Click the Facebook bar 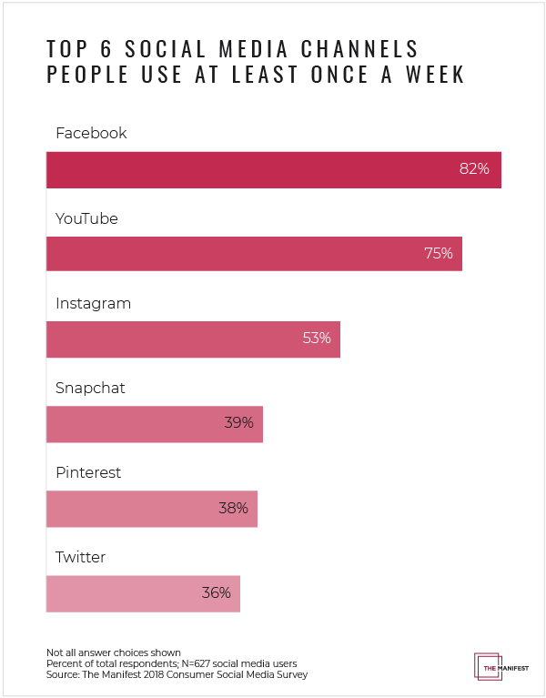(273, 169)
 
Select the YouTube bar (254, 254)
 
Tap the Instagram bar (193, 339)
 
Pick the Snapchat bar (155, 423)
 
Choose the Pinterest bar (152, 508)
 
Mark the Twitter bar (143, 592)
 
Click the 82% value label (474, 169)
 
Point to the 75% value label (438, 254)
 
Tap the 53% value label (316, 339)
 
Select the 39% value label (238, 423)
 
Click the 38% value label (233, 508)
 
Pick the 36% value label (216, 592)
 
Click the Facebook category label (91, 133)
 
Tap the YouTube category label (86, 218)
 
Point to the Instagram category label (93, 303)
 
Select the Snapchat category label (90, 388)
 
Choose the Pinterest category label (88, 472)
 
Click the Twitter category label (81, 557)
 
